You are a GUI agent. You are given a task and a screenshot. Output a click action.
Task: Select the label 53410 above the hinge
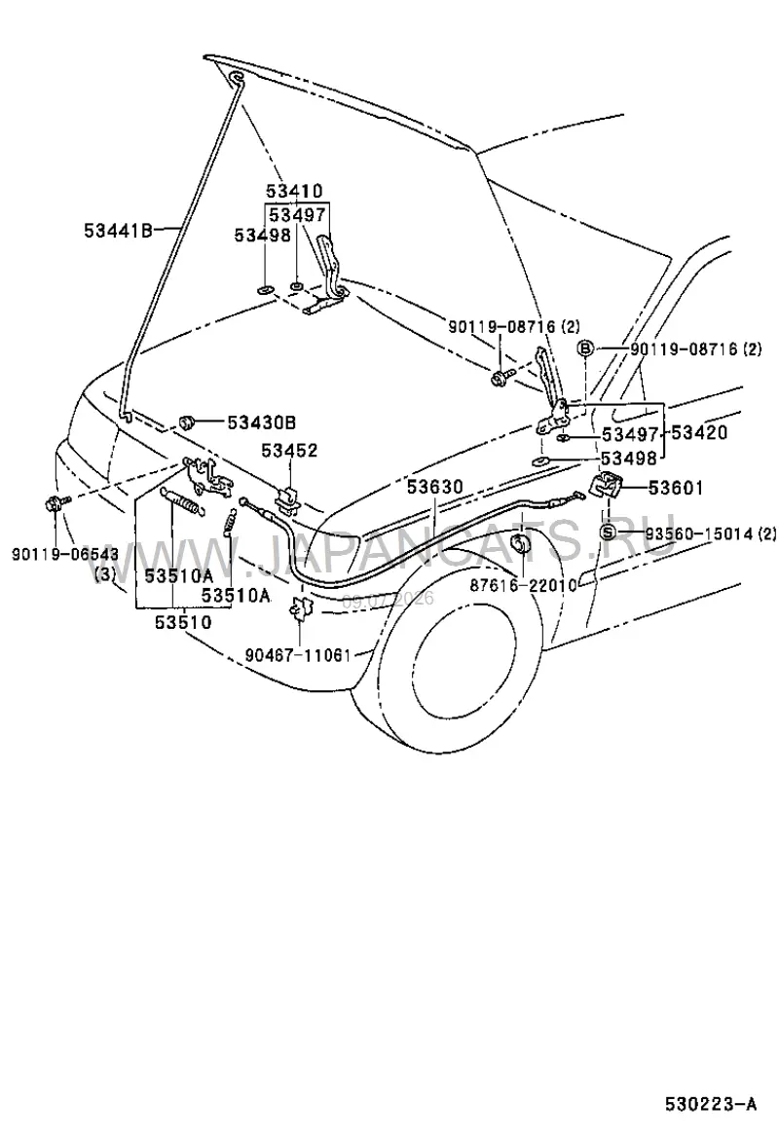(x=293, y=192)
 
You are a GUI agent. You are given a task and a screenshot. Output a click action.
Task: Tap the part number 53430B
(x=261, y=423)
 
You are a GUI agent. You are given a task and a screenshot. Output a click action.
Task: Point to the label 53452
(x=289, y=451)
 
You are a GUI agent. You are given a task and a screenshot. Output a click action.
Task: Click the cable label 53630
(x=434, y=486)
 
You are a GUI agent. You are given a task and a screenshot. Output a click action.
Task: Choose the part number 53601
(x=676, y=488)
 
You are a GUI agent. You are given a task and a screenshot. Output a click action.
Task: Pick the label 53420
(x=698, y=433)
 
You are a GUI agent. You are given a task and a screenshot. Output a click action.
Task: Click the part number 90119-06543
(x=65, y=554)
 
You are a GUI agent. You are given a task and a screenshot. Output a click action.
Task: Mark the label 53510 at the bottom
(x=182, y=622)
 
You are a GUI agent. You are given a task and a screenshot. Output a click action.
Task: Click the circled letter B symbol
(x=585, y=349)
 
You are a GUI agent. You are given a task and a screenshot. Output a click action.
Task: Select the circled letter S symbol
(x=609, y=533)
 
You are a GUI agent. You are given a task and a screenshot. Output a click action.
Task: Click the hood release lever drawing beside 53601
(x=605, y=484)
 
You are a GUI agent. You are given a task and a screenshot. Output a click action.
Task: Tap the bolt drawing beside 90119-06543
(x=56, y=502)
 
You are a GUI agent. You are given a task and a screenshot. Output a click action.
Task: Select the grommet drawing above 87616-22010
(x=521, y=544)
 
